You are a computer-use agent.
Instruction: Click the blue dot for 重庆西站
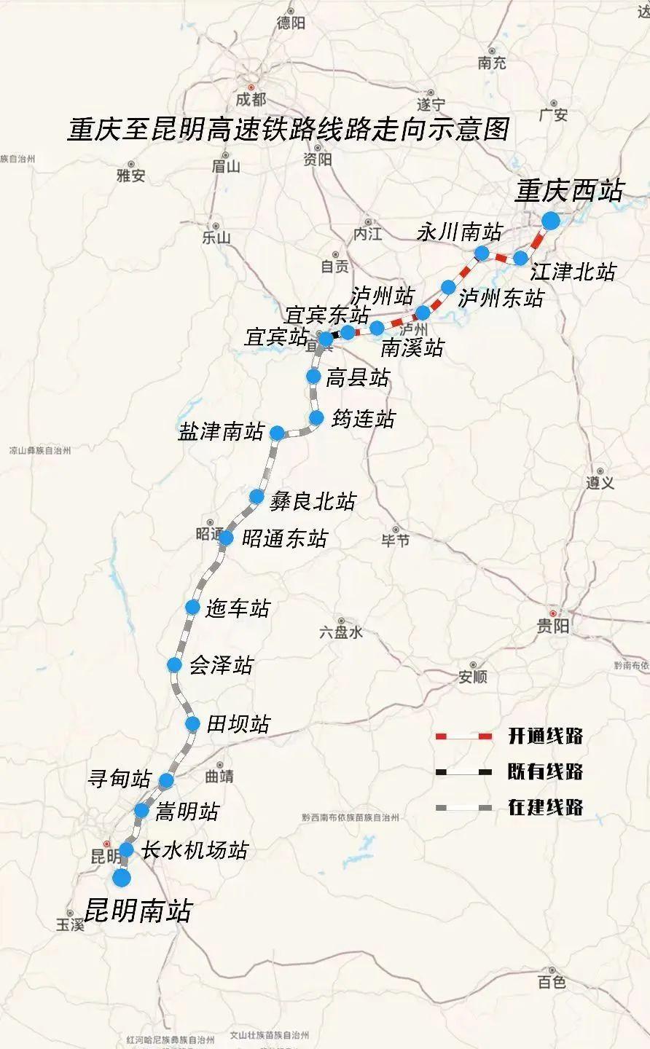point(550,219)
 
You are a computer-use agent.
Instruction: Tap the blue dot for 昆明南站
point(122,878)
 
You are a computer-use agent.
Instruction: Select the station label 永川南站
point(459,232)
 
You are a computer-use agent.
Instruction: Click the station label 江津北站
point(573,272)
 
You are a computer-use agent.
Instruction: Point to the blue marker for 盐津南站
point(277,433)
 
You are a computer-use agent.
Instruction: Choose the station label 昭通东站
point(285,539)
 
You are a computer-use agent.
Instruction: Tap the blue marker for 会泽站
point(174,664)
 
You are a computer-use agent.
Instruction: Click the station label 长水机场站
point(195,850)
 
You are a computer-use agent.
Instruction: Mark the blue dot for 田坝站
point(192,723)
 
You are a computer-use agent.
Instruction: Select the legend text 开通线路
point(545,736)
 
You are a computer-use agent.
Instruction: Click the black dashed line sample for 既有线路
point(463,771)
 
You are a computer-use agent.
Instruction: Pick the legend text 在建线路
point(545,807)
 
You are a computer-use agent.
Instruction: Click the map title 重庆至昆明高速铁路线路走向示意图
point(288,129)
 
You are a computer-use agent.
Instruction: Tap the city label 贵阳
point(555,626)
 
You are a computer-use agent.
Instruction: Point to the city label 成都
point(251,100)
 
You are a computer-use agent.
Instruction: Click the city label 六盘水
point(340,632)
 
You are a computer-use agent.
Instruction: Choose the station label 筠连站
point(363,419)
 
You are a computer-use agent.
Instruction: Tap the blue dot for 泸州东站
point(449,287)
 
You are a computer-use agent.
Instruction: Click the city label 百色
point(552,982)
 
